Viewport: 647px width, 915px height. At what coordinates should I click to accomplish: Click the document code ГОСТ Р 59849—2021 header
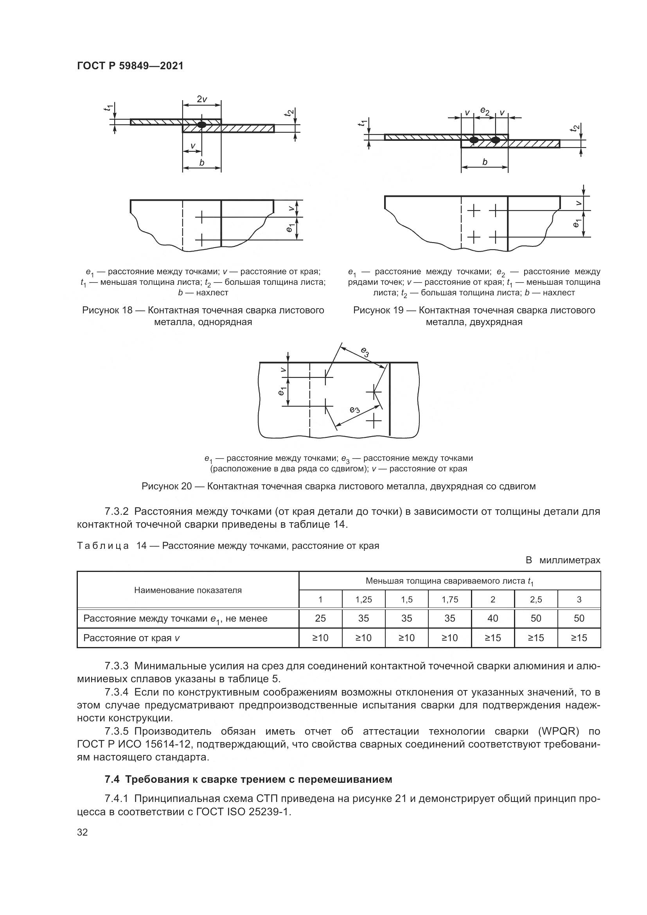click(x=130, y=66)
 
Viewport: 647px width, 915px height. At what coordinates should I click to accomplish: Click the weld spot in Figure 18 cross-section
click(x=202, y=124)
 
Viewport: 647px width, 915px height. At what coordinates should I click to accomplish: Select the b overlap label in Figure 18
click(x=202, y=163)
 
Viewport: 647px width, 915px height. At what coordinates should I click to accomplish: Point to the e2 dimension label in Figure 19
click(x=484, y=110)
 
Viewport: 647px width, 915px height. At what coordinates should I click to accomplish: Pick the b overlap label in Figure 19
click(x=485, y=162)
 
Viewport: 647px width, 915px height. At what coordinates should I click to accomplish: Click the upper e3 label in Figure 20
click(x=365, y=352)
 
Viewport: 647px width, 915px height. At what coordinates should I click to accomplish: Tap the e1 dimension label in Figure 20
click(x=282, y=391)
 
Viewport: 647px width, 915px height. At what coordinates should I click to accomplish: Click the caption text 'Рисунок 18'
click(x=107, y=311)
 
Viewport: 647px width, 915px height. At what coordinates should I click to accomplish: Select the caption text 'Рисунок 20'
click(x=167, y=486)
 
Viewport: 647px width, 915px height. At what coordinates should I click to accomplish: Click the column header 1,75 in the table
click(x=449, y=599)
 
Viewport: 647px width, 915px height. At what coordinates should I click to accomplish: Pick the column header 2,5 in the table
click(x=536, y=599)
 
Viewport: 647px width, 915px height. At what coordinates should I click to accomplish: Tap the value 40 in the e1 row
click(x=492, y=618)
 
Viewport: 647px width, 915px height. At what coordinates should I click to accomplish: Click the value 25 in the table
click(x=320, y=618)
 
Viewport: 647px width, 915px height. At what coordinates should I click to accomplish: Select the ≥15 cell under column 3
click(x=579, y=638)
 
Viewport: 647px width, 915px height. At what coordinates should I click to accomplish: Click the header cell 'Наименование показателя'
click(x=188, y=590)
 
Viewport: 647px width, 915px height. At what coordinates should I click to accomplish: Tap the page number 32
click(x=82, y=832)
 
